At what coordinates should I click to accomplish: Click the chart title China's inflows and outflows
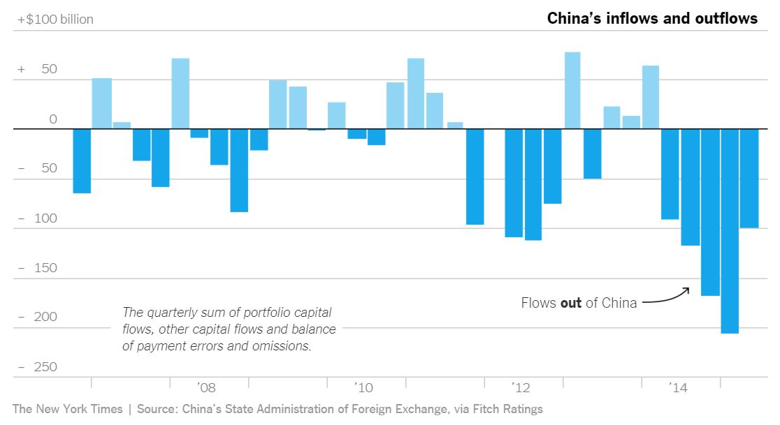(651, 19)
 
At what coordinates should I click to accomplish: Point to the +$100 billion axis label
(55, 20)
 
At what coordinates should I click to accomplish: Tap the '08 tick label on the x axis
(206, 387)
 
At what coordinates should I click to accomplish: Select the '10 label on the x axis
(363, 387)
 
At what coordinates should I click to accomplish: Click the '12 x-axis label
(521, 387)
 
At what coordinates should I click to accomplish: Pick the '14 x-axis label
(678, 387)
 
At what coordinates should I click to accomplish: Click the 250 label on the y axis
(47, 367)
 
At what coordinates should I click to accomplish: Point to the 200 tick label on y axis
(47, 318)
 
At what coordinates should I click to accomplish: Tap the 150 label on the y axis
(47, 268)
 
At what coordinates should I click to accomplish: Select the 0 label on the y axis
(53, 119)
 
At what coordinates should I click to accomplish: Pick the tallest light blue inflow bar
(572, 91)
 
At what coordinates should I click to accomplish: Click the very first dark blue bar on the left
(82, 161)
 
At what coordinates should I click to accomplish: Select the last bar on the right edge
(749, 178)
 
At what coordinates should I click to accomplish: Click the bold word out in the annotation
(571, 304)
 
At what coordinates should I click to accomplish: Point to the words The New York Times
(67, 409)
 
